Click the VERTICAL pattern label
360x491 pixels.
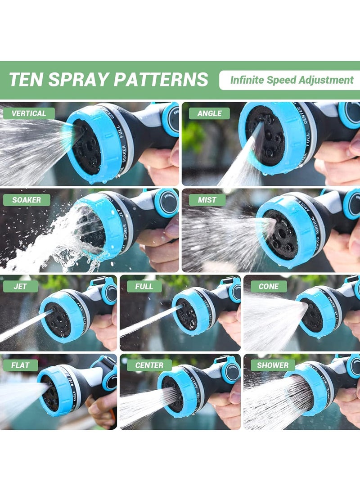click(29, 113)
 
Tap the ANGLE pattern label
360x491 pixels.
click(209, 113)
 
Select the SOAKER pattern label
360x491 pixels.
click(27, 200)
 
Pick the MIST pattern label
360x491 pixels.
click(207, 200)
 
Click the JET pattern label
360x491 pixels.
click(20, 286)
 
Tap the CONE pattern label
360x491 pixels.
click(268, 286)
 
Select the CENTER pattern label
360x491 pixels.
click(149, 365)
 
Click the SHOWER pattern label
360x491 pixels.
click(273, 365)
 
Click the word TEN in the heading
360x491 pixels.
click(26, 80)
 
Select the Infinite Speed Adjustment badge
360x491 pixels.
click(291, 80)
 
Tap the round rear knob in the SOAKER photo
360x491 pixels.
click(167, 203)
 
